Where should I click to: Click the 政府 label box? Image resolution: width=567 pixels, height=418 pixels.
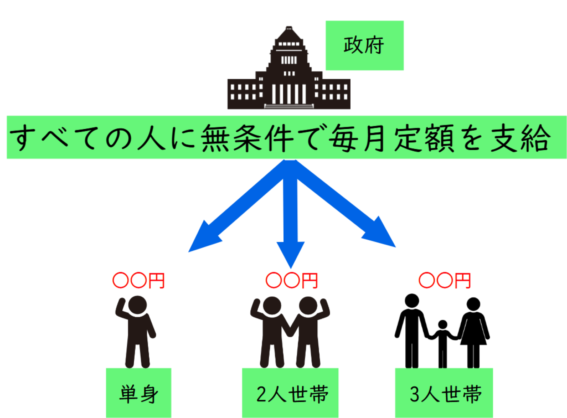click(364, 45)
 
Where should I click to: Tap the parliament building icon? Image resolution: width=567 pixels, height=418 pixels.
click(288, 78)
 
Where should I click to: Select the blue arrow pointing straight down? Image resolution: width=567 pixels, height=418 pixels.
click(290, 216)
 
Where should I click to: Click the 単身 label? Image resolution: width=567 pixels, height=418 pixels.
click(138, 394)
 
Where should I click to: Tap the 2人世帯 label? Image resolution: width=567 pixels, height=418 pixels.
click(290, 394)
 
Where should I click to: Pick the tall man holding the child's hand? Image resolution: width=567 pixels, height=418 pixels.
click(410, 329)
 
